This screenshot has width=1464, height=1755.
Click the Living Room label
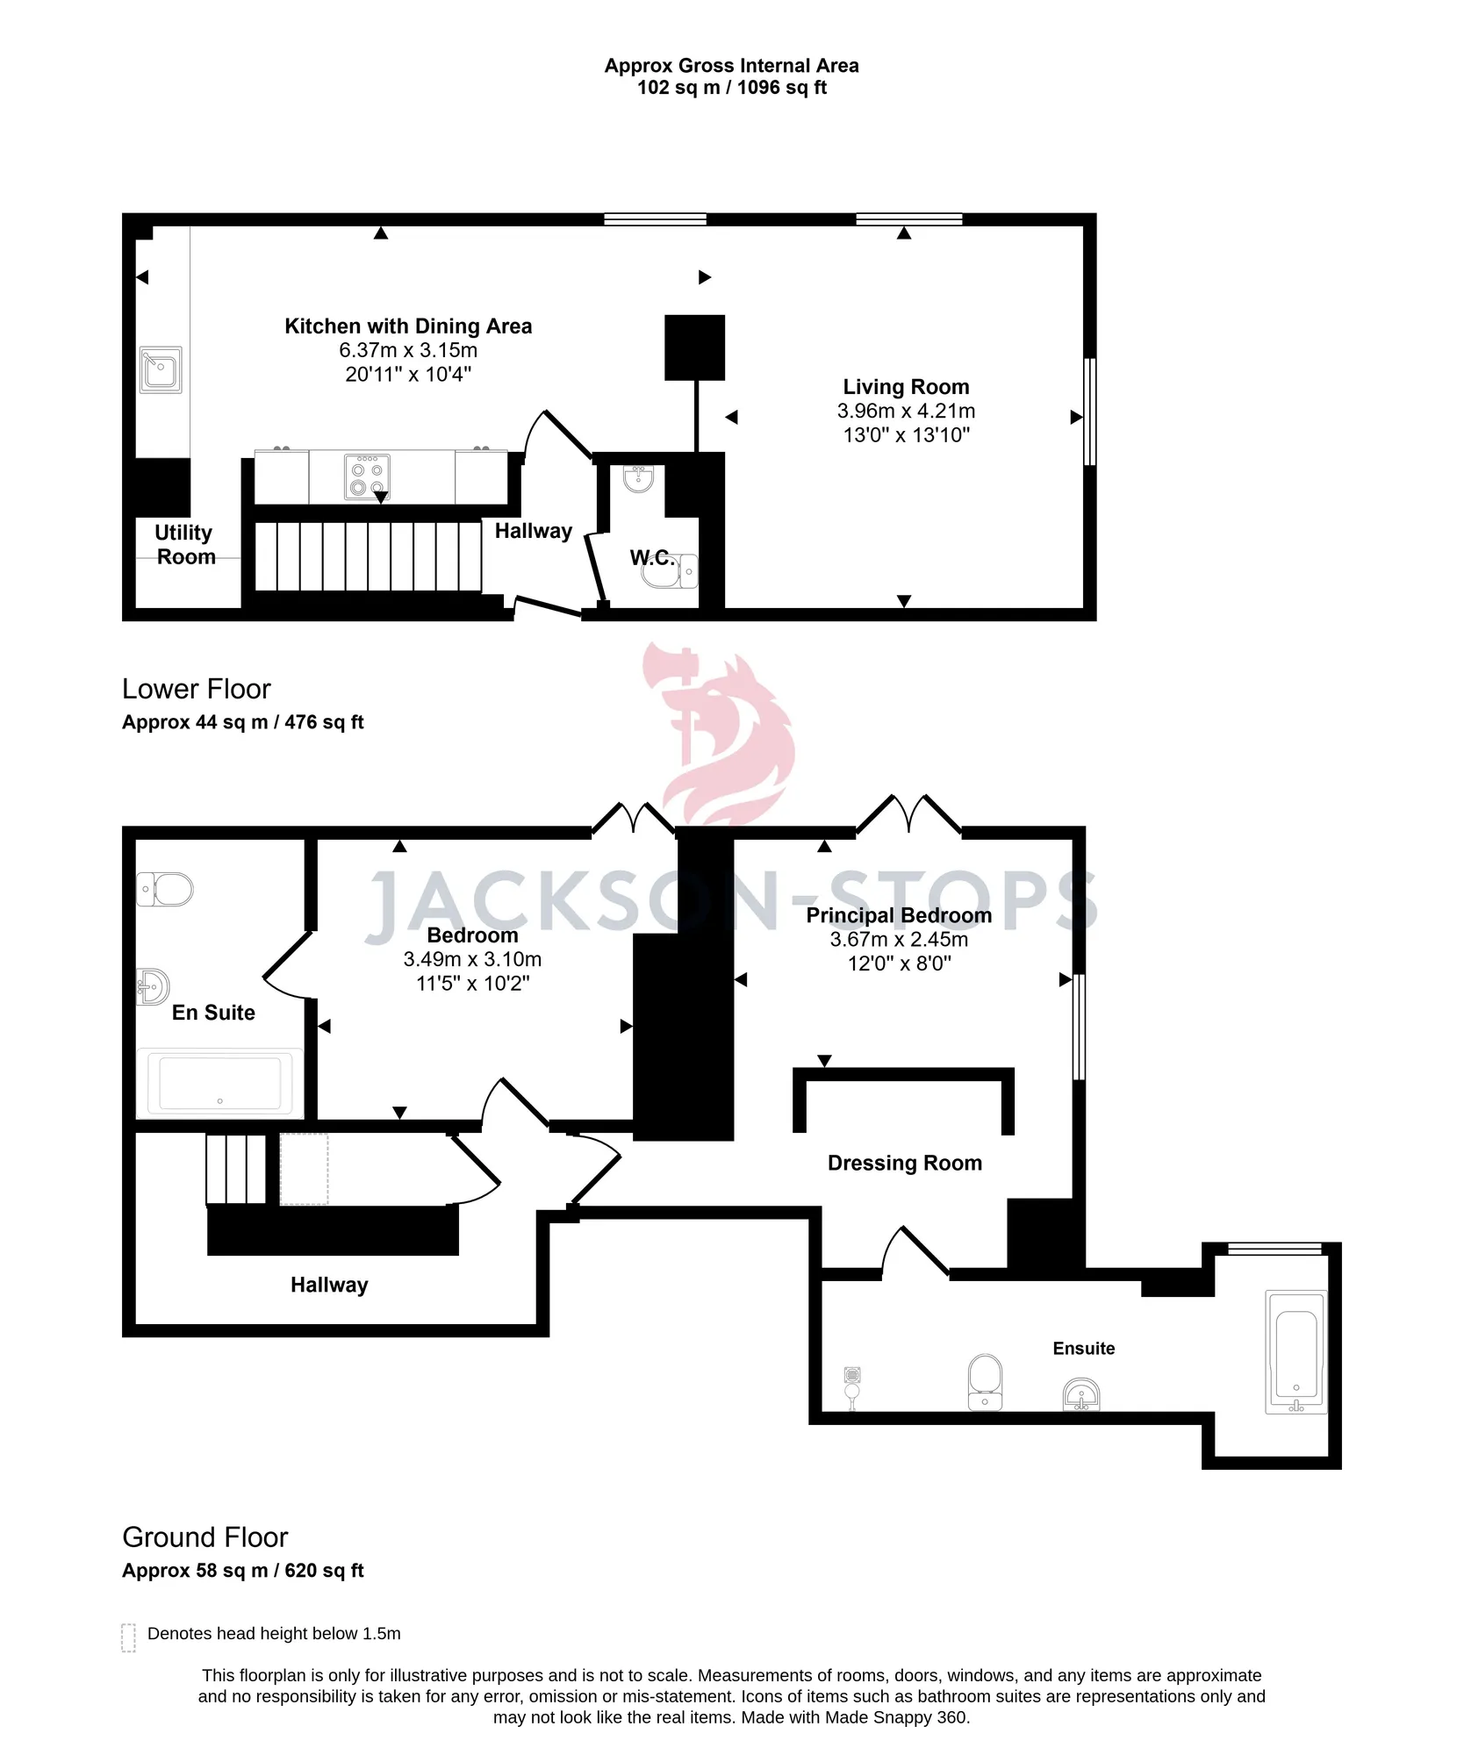[906, 387]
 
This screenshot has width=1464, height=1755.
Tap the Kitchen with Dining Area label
[408, 326]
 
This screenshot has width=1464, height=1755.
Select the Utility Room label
[184, 545]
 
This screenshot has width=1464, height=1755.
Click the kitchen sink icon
[161, 369]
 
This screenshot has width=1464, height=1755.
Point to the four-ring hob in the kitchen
[367, 476]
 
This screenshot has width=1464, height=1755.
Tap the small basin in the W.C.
[638, 478]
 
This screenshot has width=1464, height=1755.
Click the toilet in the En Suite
[165, 889]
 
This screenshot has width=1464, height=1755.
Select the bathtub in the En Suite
[219, 1084]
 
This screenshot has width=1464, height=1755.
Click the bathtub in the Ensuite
[1296, 1351]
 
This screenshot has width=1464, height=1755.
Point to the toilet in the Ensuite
[985, 1382]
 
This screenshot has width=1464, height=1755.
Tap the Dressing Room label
[905, 1164]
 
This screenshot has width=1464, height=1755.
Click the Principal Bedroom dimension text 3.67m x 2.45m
[900, 940]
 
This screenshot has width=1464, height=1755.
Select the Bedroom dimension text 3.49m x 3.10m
[472, 960]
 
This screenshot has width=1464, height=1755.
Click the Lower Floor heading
[197, 690]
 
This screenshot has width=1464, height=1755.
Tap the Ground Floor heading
[205, 1538]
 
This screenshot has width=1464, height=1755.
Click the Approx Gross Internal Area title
[732, 66]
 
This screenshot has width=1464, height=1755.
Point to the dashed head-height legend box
[128, 1637]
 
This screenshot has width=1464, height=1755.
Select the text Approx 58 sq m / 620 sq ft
[243, 1571]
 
